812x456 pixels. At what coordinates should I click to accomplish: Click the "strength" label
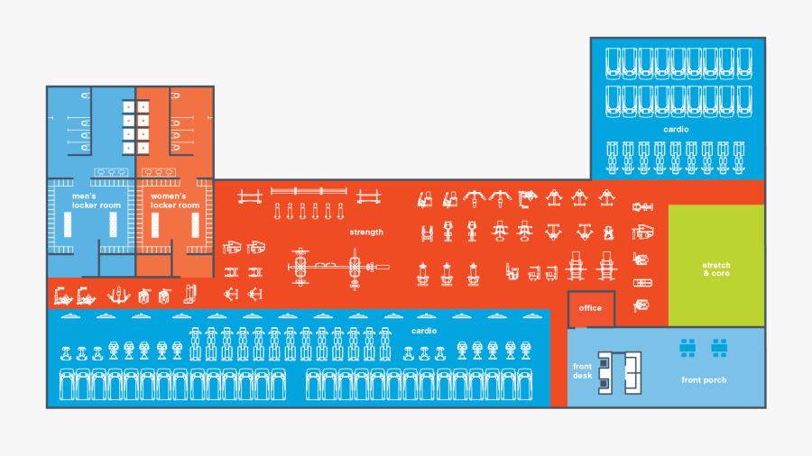pyautogui.click(x=366, y=233)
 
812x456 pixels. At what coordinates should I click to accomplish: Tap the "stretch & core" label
pyautogui.click(x=716, y=269)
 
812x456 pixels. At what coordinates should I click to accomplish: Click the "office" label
pyautogui.click(x=590, y=308)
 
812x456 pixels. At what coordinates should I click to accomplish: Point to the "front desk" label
pyautogui.click(x=583, y=370)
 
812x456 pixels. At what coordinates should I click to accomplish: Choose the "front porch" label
pyautogui.click(x=704, y=380)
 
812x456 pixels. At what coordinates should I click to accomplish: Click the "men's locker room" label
pyautogui.click(x=97, y=201)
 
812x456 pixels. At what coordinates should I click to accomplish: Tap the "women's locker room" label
pyautogui.click(x=175, y=201)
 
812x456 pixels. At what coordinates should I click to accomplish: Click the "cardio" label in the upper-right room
pyautogui.click(x=676, y=130)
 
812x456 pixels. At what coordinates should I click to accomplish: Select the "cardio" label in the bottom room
pyautogui.click(x=424, y=331)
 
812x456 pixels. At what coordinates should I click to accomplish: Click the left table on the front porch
pyautogui.click(x=687, y=347)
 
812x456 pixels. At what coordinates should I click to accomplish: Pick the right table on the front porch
pyautogui.click(x=719, y=347)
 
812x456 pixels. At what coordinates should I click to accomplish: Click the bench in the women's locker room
pyautogui.click(x=155, y=231)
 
